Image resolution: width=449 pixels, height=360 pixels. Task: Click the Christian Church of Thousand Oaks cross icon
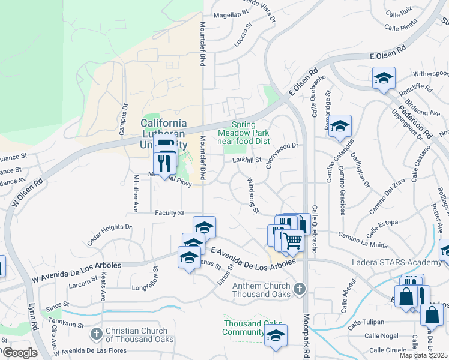coord(96,334)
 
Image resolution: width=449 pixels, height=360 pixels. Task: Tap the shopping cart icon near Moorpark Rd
coord(293,241)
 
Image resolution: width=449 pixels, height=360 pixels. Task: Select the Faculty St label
coord(169,212)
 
